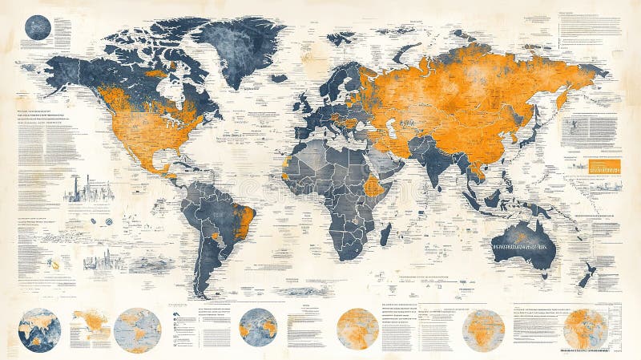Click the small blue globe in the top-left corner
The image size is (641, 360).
[x=38, y=28]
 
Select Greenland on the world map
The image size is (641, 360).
[x=240, y=48]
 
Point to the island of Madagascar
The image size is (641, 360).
[x=385, y=233]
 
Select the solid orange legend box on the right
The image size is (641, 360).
[x=605, y=166]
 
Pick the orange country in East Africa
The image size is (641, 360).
[x=373, y=186]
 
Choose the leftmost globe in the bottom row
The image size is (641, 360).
[x=39, y=330]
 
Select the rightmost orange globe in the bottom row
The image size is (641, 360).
[x=585, y=330]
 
